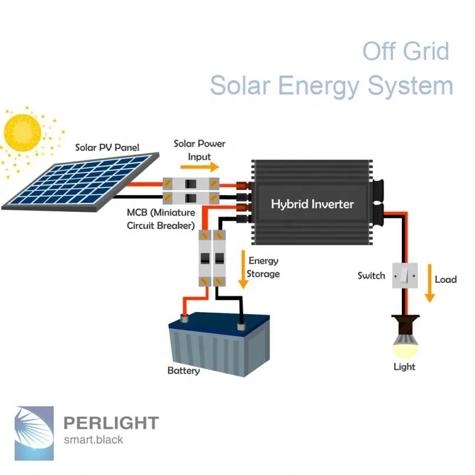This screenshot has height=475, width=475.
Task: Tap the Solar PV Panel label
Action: tap(107, 147)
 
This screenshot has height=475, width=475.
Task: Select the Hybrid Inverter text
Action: tap(312, 204)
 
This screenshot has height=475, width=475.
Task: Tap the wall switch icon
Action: tap(405, 275)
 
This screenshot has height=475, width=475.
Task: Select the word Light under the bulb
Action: tap(404, 367)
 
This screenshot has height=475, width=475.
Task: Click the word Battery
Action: tap(184, 371)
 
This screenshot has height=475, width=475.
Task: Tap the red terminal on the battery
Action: tap(184, 319)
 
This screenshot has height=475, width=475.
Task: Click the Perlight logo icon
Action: tap(34, 433)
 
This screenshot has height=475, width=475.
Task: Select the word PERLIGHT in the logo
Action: tap(110, 423)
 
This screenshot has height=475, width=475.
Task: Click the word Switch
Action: tap(371, 276)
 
